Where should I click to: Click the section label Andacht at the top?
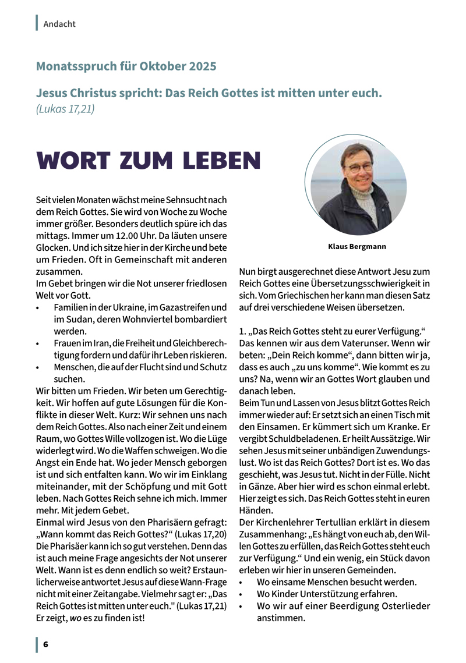tap(59, 24)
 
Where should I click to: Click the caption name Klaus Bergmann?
tap(356, 246)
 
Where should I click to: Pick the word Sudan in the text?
tap(76, 319)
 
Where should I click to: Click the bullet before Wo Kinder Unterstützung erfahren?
tap(242, 595)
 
